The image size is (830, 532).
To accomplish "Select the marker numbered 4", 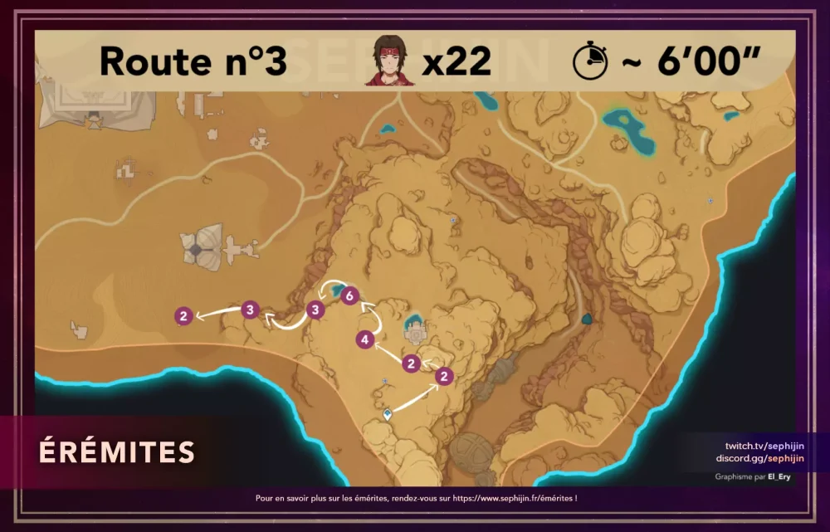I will (364, 339).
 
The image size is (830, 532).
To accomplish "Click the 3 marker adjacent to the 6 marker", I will (315, 310).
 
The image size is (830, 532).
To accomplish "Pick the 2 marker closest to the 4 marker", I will (411, 364).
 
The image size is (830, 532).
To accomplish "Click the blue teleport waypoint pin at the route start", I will (387, 412).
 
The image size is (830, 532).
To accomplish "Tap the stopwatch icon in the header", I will (590, 61).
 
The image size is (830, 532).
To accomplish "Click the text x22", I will (456, 61).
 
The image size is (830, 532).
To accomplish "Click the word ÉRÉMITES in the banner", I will (116, 452).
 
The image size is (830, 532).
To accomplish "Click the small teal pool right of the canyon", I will (588, 318).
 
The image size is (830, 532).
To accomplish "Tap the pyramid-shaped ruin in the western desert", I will (197, 246).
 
